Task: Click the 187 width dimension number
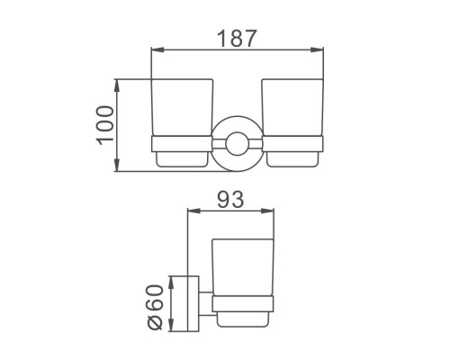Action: click(x=237, y=38)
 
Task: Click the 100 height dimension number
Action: click(x=105, y=125)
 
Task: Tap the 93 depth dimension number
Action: click(x=230, y=200)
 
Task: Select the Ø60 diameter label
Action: click(x=154, y=308)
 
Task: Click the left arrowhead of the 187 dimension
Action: click(x=157, y=49)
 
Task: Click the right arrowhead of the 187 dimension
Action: click(x=317, y=49)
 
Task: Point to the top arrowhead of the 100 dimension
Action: click(x=117, y=85)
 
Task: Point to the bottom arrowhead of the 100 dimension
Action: click(x=117, y=165)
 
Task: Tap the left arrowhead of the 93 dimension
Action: click(x=193, y=211)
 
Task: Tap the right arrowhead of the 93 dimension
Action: click(x=267, y=211)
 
